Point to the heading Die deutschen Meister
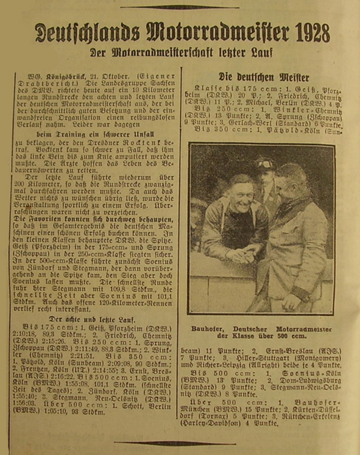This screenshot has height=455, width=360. pos(264,77)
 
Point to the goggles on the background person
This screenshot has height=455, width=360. pos(265,164)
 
